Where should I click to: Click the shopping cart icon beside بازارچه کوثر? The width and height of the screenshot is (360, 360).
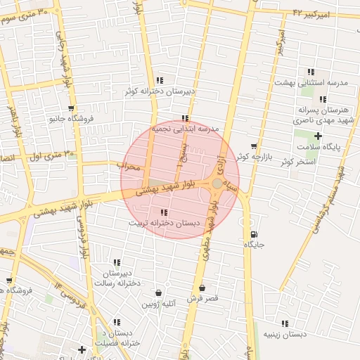tap(254, 146)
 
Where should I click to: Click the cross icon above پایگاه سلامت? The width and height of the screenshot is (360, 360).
tap(319, 136)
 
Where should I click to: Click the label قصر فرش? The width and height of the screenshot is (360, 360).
tap(202, 298)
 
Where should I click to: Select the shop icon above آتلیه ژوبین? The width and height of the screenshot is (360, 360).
tap(158, 292)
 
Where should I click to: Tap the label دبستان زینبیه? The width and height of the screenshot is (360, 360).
tap(285, 334)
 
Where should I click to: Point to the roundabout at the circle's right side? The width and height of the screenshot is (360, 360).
tap(217, 184)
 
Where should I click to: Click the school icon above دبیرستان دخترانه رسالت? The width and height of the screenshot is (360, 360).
tap(117, 262)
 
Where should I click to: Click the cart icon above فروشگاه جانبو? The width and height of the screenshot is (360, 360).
tap(71, 108)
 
